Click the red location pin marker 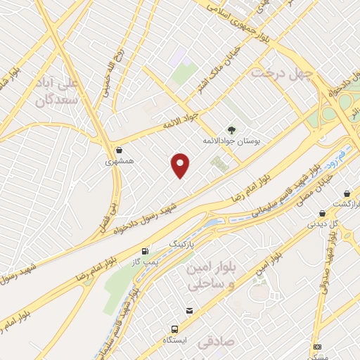click(x=181, y=165)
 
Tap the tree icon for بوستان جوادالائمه click(x=231, y=129)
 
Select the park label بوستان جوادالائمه click(x=231, y=141)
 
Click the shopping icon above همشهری click(x=119, y=149)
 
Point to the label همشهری click(x=118, y=160)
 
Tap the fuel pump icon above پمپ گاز click(x=146, y=250)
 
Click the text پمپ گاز click(x=146, y=262)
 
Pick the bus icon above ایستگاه click(x=174, y=329)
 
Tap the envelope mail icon click(x=188, y=311)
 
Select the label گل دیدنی click(x=323, y=224)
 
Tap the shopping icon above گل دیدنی click(x=322, y=213)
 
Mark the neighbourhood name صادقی click(x=215, y=342)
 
